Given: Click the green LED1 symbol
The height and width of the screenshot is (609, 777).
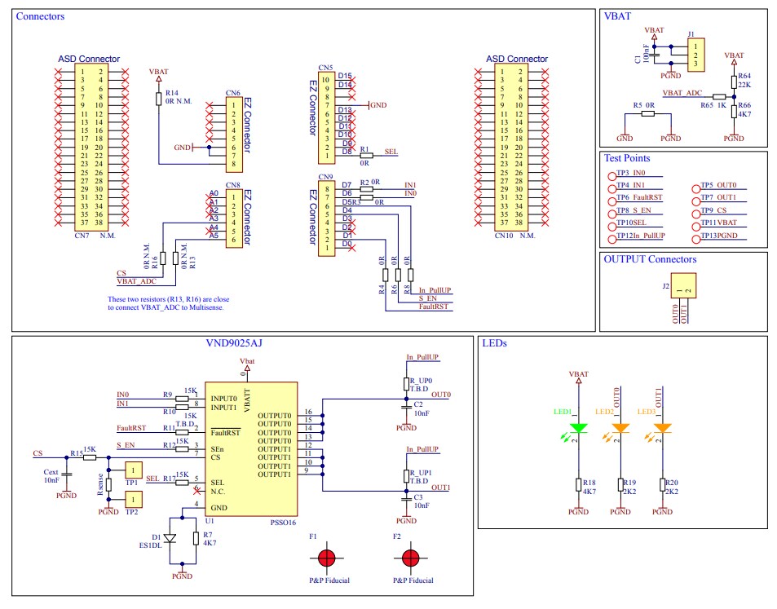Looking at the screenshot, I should pos(579,428).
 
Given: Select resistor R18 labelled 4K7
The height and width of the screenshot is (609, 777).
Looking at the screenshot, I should pos(579,486).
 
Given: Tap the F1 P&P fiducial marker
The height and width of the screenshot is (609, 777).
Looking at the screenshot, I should pos(326,558).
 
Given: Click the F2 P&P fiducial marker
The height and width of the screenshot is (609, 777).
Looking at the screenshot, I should pos(409,558).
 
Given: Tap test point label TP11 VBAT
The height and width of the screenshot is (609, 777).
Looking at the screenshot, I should pos(718,222).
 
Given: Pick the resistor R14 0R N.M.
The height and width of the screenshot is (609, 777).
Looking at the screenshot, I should pos(158,98).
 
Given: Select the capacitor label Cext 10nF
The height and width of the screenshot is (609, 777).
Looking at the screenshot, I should pos(51,476).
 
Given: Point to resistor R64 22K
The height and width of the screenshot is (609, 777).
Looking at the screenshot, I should pos(735,82).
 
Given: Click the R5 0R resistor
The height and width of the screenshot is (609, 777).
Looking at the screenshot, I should pos(647,113).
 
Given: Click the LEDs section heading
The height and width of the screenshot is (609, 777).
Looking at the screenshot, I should pos(494,344).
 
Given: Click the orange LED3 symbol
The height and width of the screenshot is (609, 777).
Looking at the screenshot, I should pos(663,428).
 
